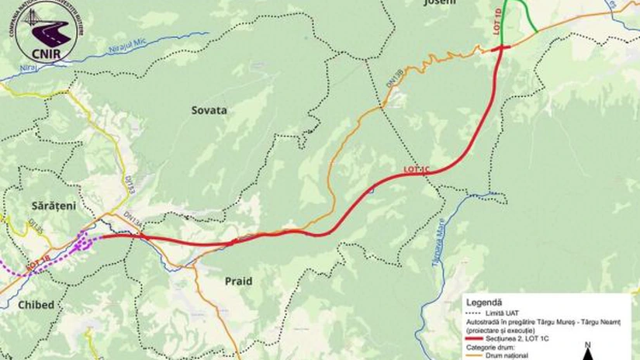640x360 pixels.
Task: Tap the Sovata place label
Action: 209,110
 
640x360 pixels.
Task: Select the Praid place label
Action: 238,281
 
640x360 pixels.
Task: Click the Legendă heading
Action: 484,301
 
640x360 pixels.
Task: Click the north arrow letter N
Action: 589,344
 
